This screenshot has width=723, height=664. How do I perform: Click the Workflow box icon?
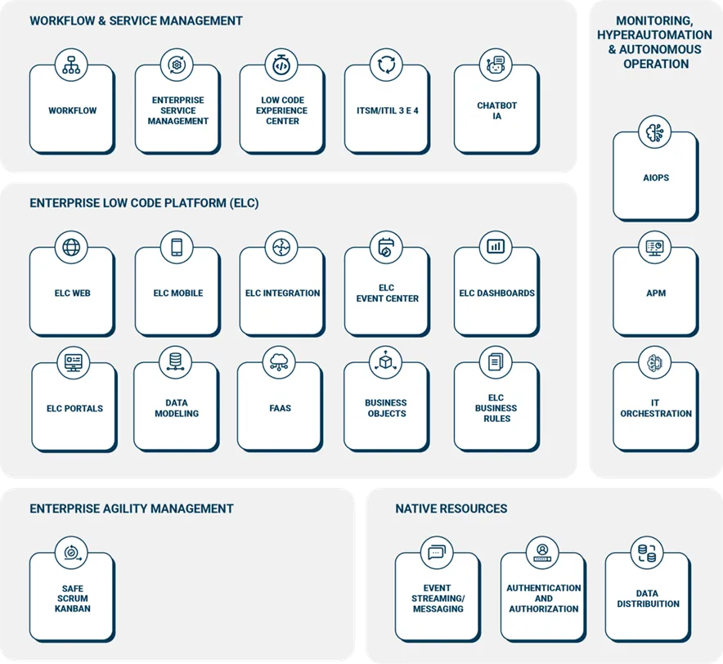[71, 65]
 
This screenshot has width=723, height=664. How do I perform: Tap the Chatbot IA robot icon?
[496, 65]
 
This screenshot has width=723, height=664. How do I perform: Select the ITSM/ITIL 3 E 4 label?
[388, 110]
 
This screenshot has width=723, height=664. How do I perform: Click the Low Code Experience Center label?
[282, 110]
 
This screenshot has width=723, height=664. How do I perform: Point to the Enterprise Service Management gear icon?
[177, 65]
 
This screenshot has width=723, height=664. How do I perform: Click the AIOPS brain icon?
[655, 132]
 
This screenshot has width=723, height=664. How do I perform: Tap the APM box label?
[656, 294]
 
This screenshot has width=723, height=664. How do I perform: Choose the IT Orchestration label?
[656, 408]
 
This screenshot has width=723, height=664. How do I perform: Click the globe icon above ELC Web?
[71, 247]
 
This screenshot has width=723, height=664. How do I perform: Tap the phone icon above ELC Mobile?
[177, 247]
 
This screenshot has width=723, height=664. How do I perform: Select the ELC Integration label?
[282, 294]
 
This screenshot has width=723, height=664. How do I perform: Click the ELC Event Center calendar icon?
[386, 247]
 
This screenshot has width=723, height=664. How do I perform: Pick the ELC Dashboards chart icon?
[496, 246]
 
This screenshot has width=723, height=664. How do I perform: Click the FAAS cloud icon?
[280, 361]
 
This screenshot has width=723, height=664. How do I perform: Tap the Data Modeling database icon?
[176, 361]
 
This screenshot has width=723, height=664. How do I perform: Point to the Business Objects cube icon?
[386, 361]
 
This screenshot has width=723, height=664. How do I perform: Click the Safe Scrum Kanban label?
[73, 599]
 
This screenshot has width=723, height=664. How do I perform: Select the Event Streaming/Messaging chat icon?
[437, 552]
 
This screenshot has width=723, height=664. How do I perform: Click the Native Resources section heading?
[451, 509]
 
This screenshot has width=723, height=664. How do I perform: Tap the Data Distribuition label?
[648, 599]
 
